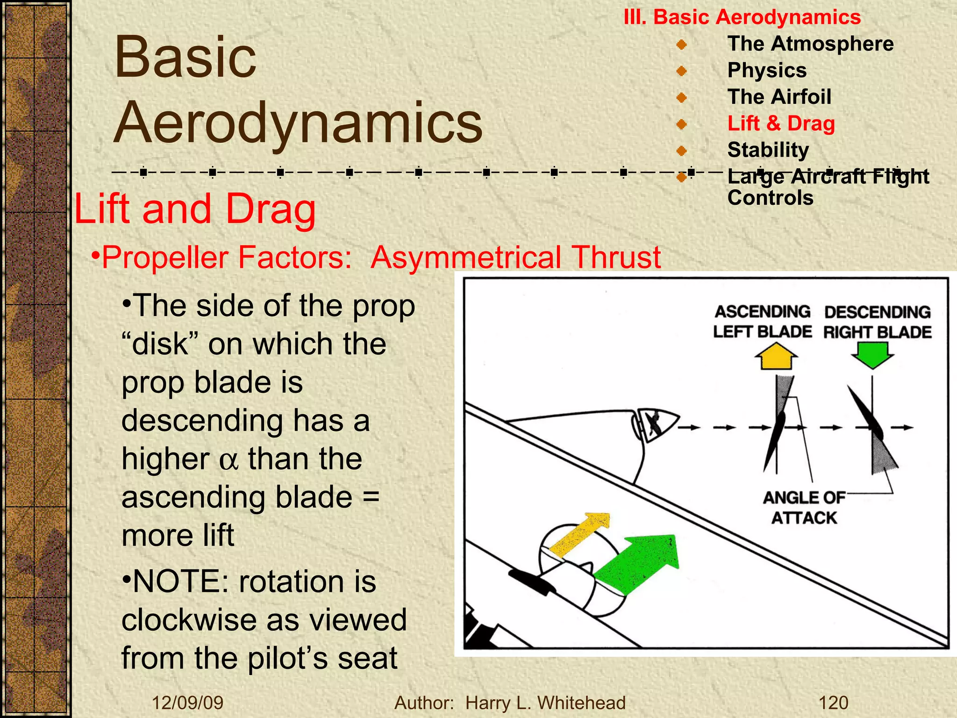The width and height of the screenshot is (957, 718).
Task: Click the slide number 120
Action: coord(834,703)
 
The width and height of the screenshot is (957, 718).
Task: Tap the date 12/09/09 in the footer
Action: coord(188,703)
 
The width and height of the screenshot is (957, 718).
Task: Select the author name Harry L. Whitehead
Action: coord(545,703)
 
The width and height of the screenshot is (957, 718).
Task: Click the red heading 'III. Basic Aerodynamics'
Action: coord(742,17)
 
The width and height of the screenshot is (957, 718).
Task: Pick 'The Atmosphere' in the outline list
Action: coord(810,44)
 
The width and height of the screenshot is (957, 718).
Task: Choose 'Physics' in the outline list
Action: coord(767,71)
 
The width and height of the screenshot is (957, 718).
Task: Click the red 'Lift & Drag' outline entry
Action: coord(781,124)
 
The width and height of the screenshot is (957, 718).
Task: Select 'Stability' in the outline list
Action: coord(768,150)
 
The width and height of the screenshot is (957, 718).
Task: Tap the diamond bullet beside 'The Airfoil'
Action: coord(681,98)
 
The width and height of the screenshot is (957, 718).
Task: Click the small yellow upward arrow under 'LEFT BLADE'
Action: coord(776,357)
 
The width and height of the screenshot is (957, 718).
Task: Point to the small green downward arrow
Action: coord(872,354)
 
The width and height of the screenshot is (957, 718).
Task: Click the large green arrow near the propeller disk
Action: coord(639,564)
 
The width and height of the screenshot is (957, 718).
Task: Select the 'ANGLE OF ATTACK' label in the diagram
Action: coord(804,508)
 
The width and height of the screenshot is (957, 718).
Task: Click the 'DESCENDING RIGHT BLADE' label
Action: coord(877,322)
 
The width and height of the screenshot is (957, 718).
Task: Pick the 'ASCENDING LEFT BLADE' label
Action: coord(763,322)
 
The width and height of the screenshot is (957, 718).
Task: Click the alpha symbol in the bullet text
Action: coord(229,460)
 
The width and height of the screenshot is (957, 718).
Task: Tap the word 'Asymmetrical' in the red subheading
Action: coord(465,258)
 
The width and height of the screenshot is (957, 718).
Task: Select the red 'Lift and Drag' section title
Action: coord(195,209)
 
